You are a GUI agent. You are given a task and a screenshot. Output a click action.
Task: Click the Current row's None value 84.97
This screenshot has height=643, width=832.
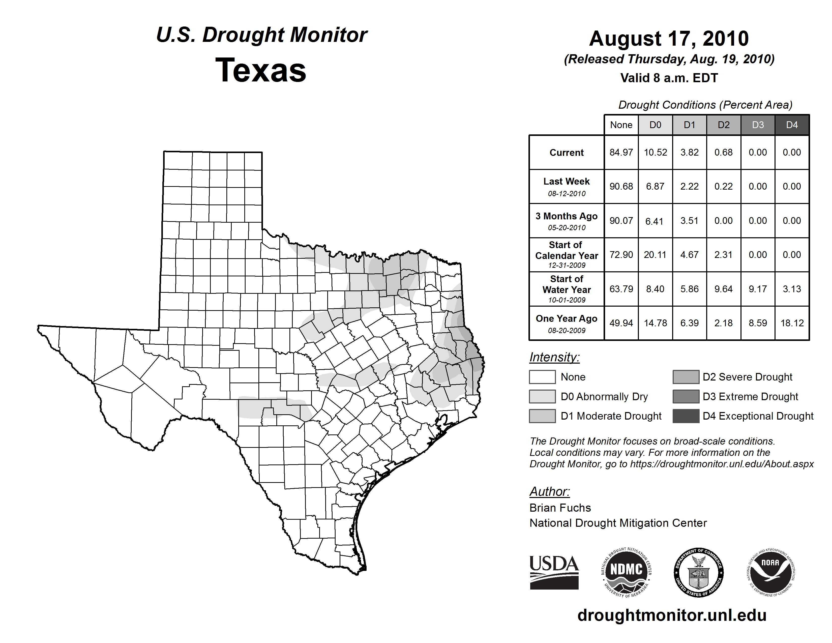pos(621,152)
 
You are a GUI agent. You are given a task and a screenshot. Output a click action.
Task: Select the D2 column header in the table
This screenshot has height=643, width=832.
pos(723,125)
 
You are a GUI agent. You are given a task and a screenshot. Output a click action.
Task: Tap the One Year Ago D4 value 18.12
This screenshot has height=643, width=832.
pos(792,323)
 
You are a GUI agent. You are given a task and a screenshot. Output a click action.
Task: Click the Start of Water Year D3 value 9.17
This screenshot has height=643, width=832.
pos(758,289)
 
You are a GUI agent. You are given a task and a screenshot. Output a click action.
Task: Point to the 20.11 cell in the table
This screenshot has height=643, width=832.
pos(655,255)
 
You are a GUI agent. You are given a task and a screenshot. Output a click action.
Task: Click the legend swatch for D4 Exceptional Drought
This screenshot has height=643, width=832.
pos(686,416)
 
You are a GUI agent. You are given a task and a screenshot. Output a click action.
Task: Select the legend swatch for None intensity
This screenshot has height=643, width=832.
pos(542,377)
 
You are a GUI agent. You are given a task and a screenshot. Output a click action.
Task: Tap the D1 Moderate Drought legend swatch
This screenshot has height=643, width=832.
pos(542,416)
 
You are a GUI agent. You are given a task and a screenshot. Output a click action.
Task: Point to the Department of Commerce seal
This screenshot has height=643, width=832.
pos(698,573)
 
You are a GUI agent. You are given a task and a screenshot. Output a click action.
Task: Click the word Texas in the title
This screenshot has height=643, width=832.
pos(261,70)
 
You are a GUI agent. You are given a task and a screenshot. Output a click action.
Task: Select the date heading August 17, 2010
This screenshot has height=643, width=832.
pos(669,39)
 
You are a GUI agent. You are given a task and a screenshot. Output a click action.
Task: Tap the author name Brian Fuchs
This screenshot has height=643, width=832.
pos(560,508)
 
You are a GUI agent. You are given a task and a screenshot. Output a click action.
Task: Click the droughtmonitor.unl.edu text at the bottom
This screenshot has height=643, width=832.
pos(672,615)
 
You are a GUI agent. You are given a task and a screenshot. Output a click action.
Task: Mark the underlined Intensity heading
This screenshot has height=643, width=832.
pos(554,357)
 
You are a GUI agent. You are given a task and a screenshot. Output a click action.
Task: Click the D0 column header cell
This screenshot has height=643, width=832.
pos(655,125)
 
